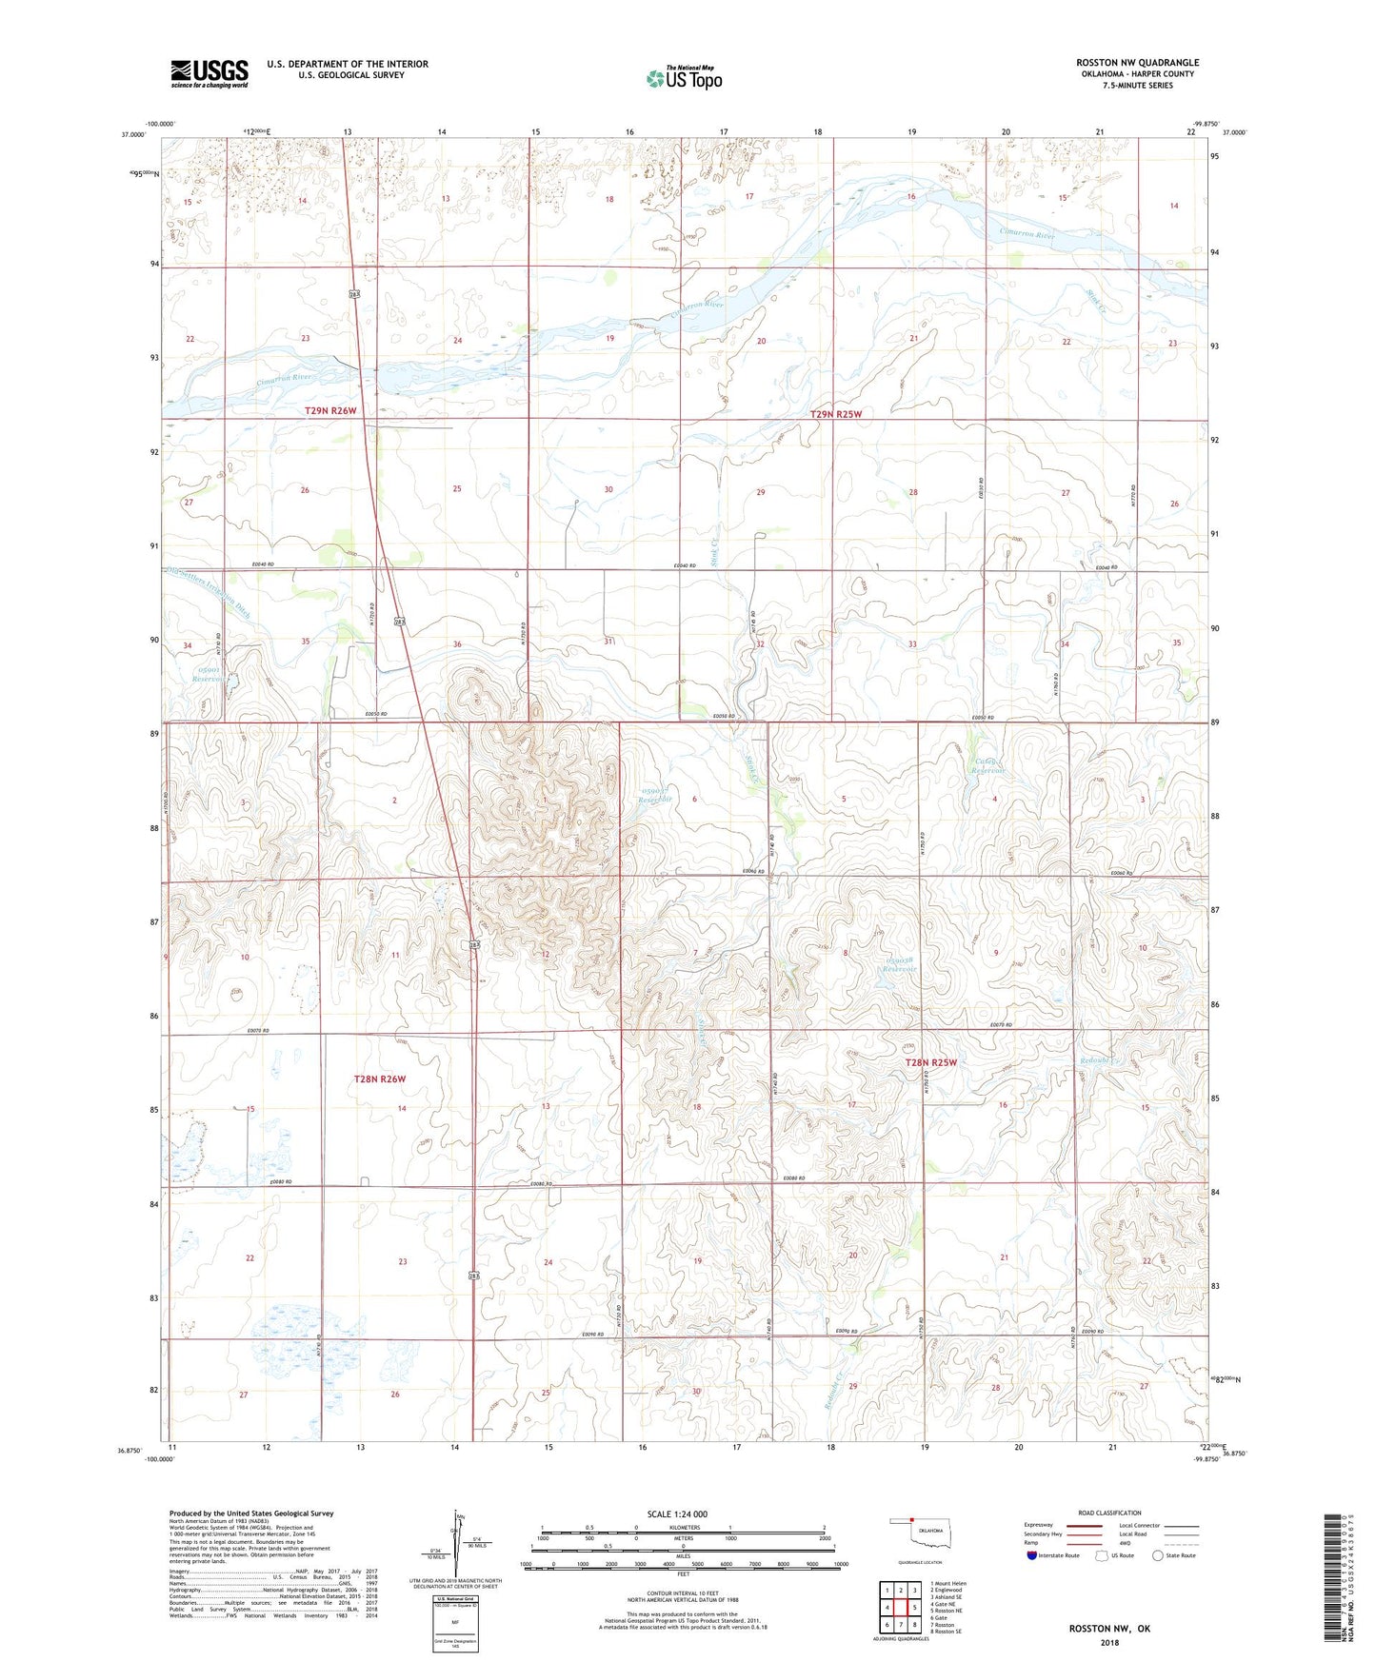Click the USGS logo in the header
click(x=209, y=73)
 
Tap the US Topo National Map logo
click(x=683, y=78)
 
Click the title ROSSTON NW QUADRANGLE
click(x=1137, y=63)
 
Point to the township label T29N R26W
click(x=330, y=411)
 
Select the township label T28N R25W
click(x=930, y=1062)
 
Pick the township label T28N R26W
click(x=380, y=1079)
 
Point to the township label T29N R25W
click(x=835, y=415)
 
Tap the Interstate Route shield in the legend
click(x=1032, y=1555)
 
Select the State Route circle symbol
click(x=1158, y=1555)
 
